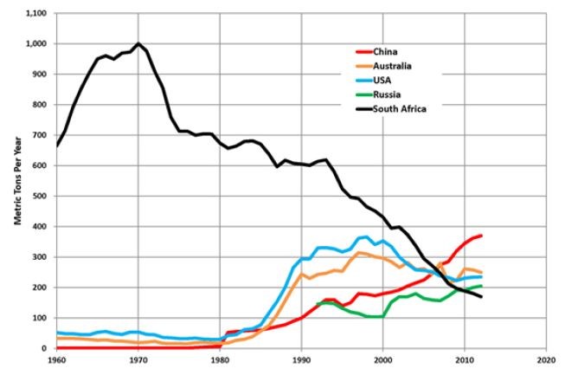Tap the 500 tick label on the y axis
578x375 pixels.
[x=41, y=196]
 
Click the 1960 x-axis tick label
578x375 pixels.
[x=57, y=359]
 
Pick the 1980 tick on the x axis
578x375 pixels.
[x=220, y=359]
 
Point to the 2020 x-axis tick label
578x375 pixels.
[x=545, y=359]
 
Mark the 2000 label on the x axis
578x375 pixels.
[x=382, y=359]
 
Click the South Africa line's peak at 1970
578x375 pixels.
[x=138, y=43]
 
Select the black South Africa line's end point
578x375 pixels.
[x=481, y=297]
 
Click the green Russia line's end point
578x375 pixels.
[x=481, y=286]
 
